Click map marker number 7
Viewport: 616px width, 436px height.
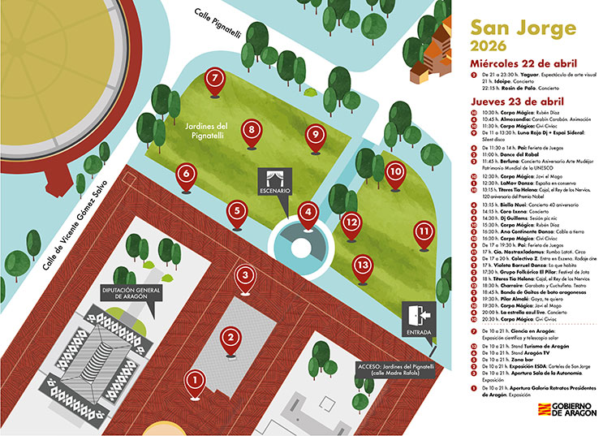tap(214, 79)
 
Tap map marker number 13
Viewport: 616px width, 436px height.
tap(363, 264)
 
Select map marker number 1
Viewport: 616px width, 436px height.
tap(194, 378)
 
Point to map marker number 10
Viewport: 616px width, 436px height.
tap(395, 172)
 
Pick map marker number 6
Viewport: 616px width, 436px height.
tap(187, 174)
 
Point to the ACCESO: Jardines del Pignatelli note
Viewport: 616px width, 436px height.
tap(393, 369)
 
